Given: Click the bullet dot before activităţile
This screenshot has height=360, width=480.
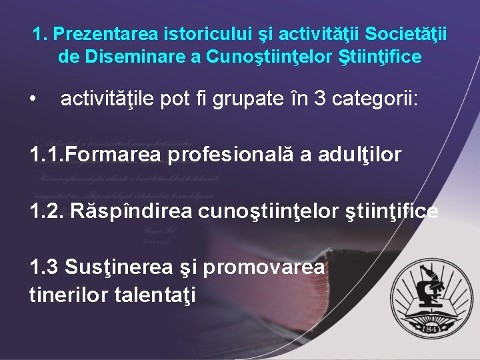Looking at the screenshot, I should coord(33,100).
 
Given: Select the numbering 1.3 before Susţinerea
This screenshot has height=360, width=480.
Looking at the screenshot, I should coord(45,267).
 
